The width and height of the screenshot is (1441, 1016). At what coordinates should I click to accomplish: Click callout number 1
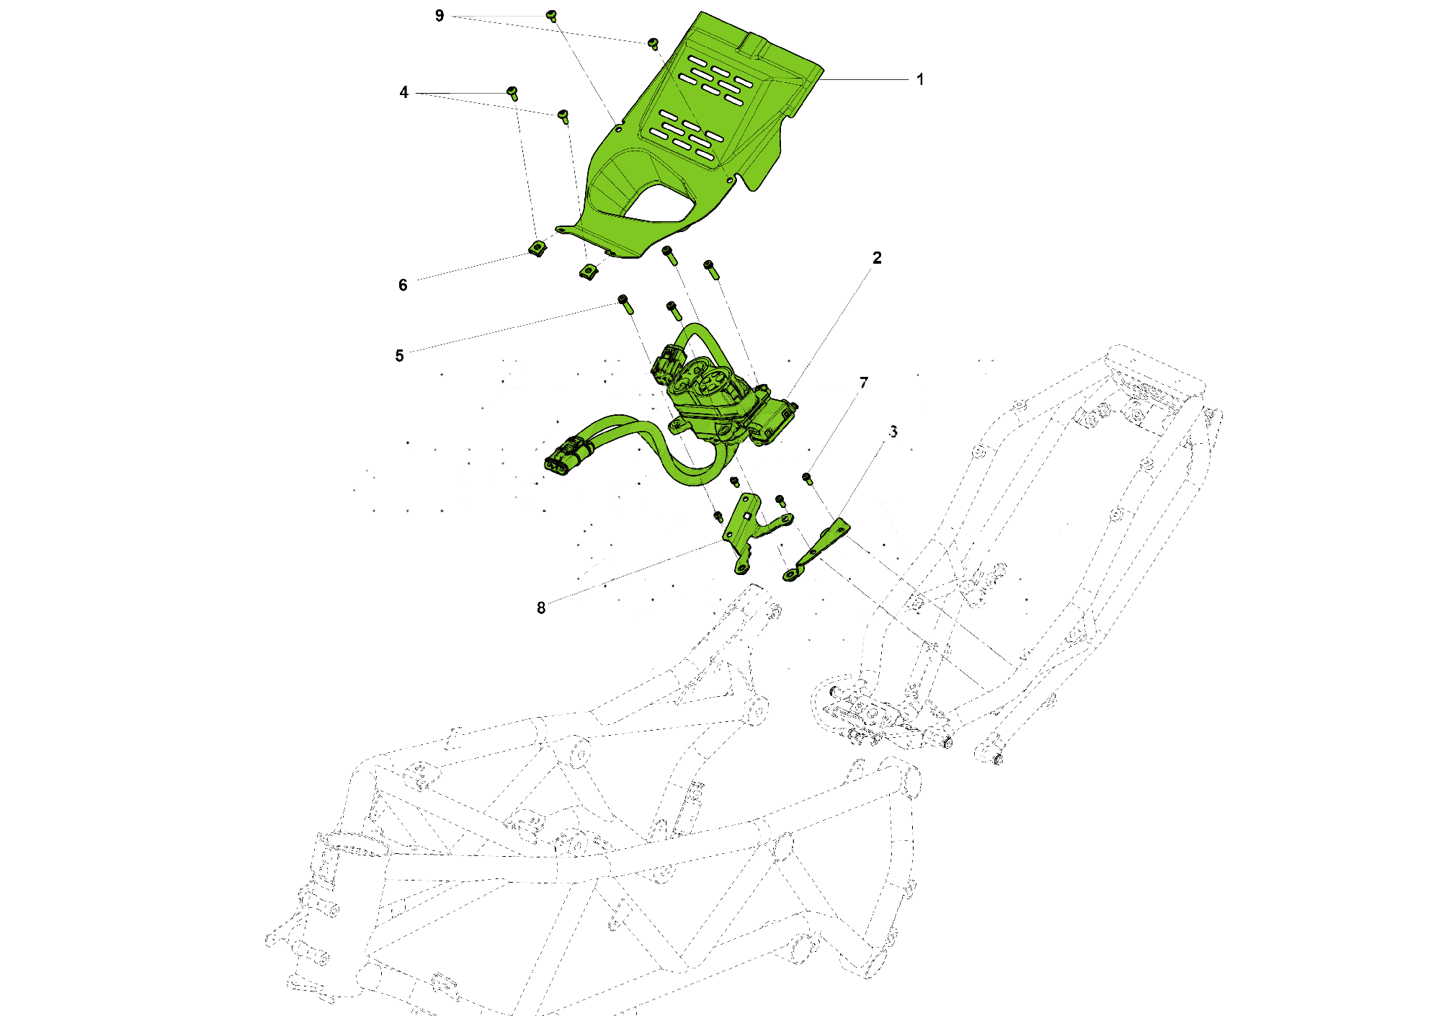point(919,79)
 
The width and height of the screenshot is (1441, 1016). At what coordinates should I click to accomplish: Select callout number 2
point(877,258)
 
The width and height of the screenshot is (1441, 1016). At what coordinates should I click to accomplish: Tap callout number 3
point(893,432)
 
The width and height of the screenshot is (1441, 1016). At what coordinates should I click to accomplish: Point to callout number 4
point(403,92)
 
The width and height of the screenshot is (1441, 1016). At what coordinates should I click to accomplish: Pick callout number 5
point(399,355)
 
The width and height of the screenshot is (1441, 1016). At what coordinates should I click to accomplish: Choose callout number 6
point(403,285)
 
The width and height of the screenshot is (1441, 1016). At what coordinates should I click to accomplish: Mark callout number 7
point(864,383)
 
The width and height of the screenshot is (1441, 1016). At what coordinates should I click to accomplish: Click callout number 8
point(541,607)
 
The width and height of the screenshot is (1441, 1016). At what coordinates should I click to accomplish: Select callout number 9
point(440,16)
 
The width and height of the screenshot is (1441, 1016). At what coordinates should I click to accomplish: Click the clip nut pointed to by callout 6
point(537,249)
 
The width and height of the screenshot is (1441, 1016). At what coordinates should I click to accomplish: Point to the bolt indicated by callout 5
point(625,303)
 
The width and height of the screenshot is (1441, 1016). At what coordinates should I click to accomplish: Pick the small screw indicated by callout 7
point(806,478)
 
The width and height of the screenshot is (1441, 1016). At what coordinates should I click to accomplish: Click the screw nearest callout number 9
point(552,15)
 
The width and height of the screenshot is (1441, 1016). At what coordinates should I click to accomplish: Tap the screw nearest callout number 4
point(512,92)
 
